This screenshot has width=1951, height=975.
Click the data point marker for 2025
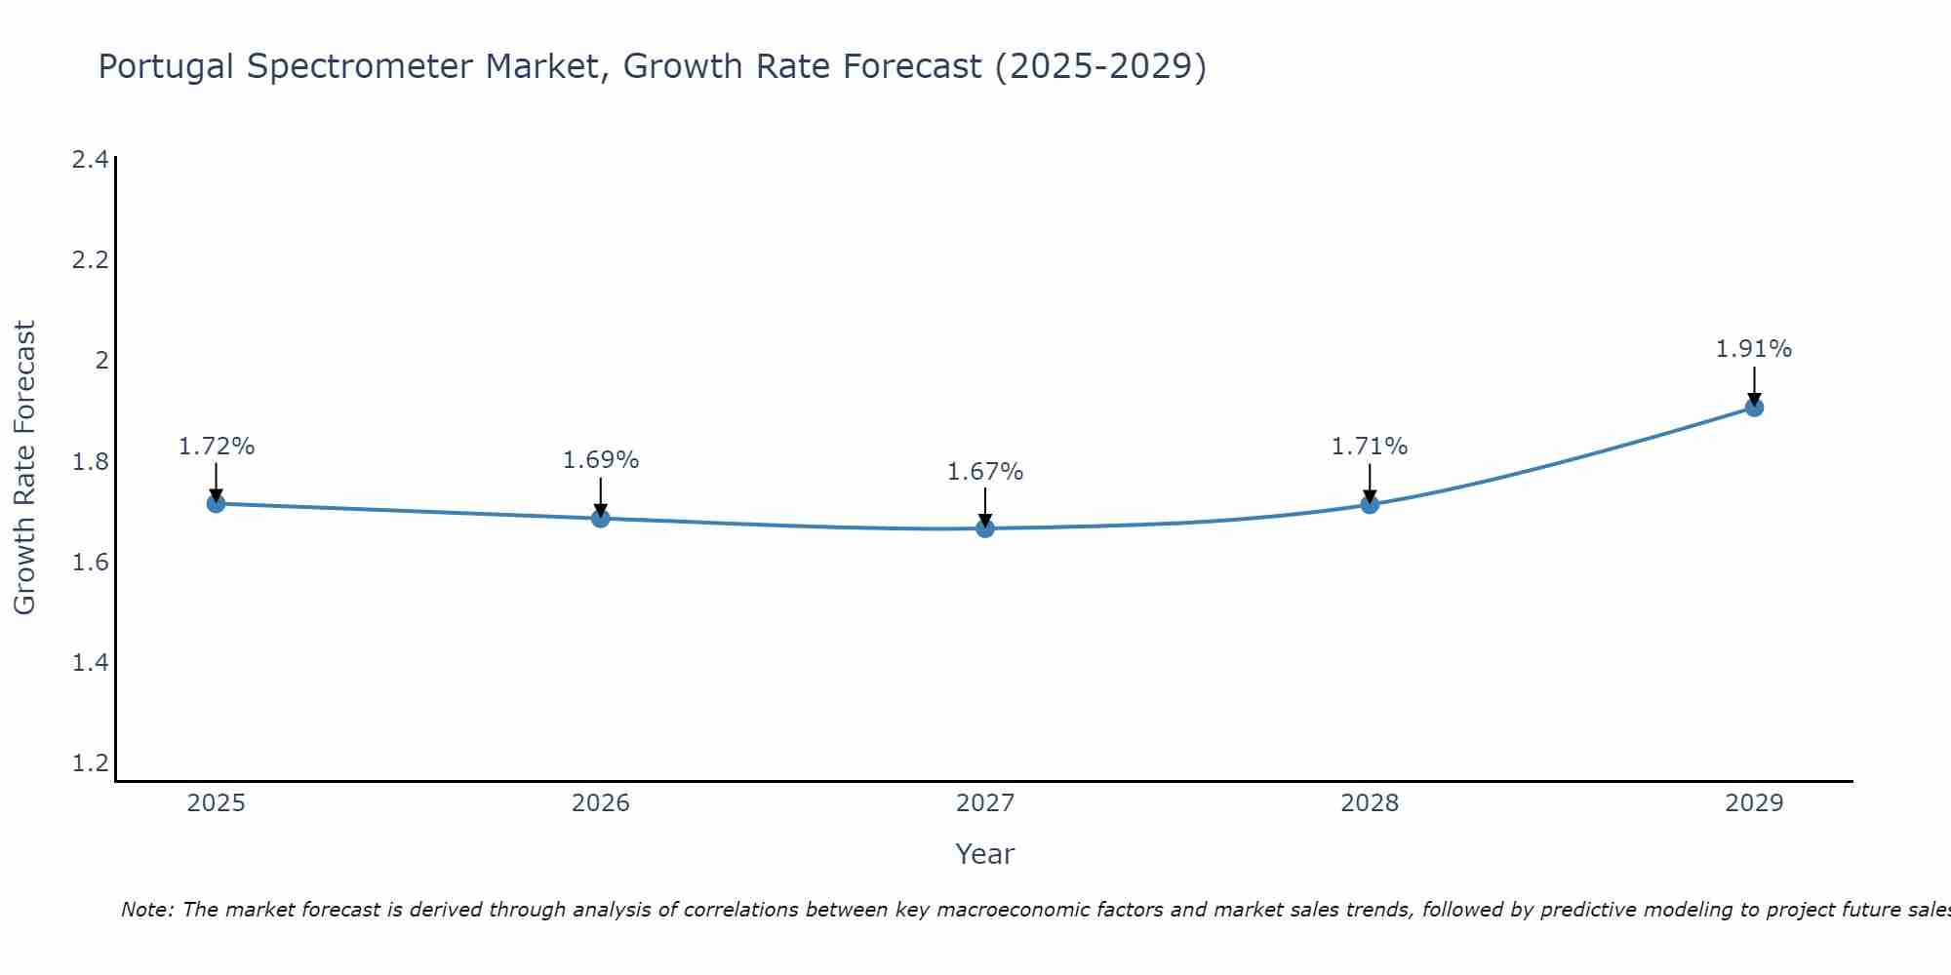(x=217, y=503)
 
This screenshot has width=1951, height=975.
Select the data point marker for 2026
(x=601, y=518)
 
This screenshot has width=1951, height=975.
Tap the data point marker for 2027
(x=985, y=528)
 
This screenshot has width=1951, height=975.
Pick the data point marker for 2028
(x=1370, y=504)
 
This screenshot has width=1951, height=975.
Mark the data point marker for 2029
(x=1754, y=408)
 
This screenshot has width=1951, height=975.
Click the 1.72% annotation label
(x=217, y=447)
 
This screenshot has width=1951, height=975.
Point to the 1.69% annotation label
(x=601, y=460)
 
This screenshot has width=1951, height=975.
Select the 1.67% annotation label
(x=985, y=472)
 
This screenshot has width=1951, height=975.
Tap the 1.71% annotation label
(x=1370, y=447)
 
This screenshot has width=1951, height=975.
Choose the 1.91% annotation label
(x=1754, y=349)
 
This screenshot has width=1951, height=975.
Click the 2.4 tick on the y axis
(x=90, y=160)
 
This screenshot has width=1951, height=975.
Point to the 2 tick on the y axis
(x=101, y=361)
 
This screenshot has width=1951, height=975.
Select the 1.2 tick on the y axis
(x=90, y=762)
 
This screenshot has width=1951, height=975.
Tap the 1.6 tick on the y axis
(x=90, y=563)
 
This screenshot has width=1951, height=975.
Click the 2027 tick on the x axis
(x=985, y=803)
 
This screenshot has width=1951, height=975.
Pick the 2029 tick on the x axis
(x=1754, y=803)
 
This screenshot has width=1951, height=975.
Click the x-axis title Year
(x=985, y=854)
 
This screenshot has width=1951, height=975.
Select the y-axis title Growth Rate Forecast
(x=24, y=468)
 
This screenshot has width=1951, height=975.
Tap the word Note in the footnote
(x=146, y=910)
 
